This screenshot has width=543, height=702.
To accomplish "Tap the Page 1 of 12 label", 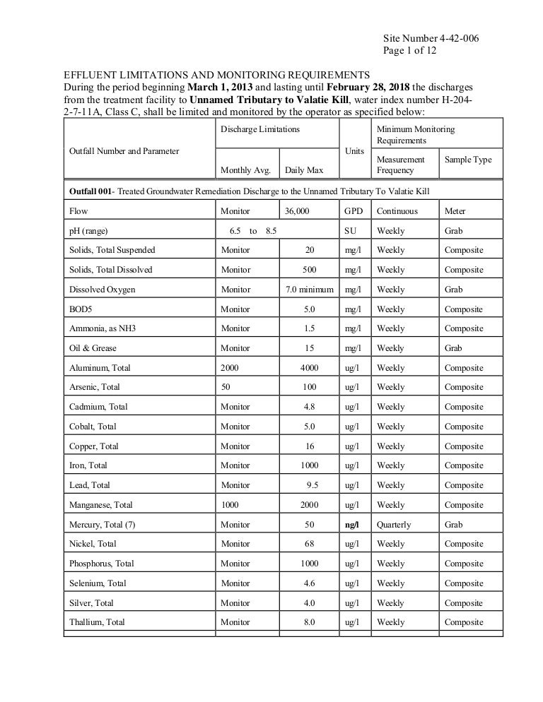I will [x=409, y=52].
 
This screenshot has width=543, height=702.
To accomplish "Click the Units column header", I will [x=354, y=151].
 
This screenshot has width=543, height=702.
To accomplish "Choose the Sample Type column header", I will [x=467, y=160].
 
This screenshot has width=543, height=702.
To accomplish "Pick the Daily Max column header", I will [x=304, y=169].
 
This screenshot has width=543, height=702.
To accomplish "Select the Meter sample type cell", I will [x=455, y=210].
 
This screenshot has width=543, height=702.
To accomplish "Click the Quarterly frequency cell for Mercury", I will [x=394, y=525].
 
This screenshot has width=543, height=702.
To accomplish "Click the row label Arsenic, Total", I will [x=94, y=387].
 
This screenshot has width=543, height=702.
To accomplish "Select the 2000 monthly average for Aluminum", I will [x=230, y=368].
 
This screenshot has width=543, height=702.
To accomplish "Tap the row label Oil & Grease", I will [x=93, y=348].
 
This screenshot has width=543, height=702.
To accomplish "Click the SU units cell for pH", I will [x=351, y=231].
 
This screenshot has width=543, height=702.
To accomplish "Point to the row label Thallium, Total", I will [x=97, y=622].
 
